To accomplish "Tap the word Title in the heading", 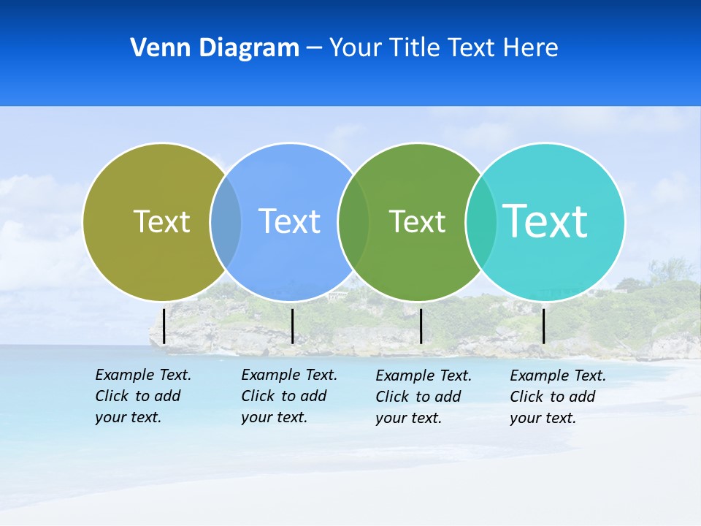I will tap(418, 48).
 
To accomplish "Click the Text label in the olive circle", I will tap(161, 221).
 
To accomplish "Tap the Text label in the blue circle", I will tap(289, 221).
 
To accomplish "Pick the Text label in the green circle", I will tap(417, 221).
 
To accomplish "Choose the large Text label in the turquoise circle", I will tap(545, 221).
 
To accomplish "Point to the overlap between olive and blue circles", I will tap(226, 221).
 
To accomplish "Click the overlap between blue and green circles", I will tap(353, 221).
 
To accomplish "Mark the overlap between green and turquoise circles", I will tap(481, 221).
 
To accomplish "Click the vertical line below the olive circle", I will tap(164, 326).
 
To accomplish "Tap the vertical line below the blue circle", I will tap(292, 326).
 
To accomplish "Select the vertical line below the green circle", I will tap(421, 326).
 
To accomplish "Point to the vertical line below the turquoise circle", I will tap(543, 326).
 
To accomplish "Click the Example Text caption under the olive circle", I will tap(142, 396).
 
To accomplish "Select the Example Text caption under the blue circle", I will tap(288, 396).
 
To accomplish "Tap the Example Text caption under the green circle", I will tap(423, 397).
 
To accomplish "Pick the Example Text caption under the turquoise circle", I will tap(557, 397).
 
